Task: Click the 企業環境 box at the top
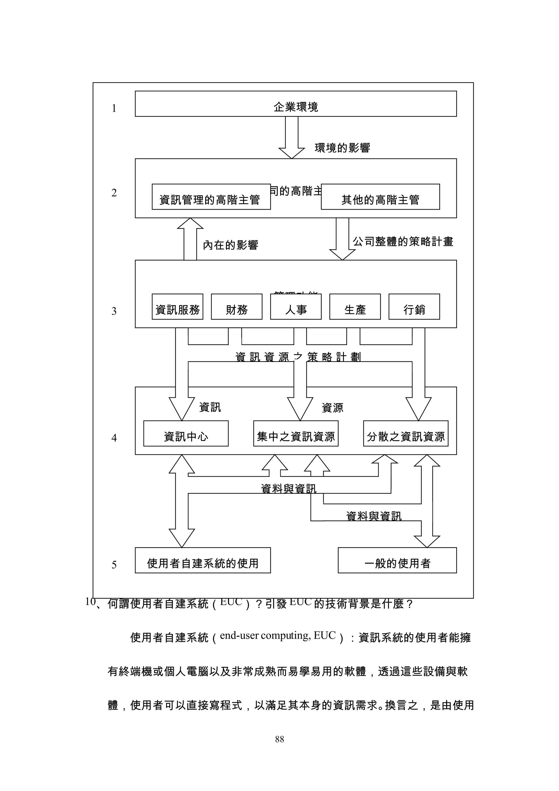click(296, 104)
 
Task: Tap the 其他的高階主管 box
click(380, 197)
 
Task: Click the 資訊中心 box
click(186, 434)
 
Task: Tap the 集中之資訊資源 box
click(296, 434)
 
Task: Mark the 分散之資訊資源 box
click(405, 434)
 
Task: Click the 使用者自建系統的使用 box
click(203, 561)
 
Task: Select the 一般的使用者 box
click(397, 561)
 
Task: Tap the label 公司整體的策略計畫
click(403, 242)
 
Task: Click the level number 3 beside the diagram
click(114, 311)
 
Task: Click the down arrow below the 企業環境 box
click(292, 138)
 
